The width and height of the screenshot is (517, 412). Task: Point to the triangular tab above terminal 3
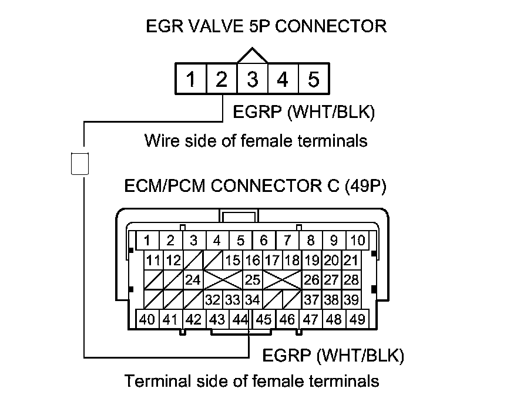252,56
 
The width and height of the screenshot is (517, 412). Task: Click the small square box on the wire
79,163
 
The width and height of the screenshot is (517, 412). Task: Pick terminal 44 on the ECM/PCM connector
240,320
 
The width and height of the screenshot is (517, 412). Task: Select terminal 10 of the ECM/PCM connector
357,240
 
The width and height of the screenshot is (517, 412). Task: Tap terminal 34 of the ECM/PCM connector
252,300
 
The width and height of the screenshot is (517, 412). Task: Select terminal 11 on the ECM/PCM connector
154,260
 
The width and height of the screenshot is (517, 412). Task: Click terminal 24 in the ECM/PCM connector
193,280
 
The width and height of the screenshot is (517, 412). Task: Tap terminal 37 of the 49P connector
311,300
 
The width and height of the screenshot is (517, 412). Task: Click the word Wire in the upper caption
160,141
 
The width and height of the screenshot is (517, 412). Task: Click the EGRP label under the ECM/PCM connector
286,355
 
